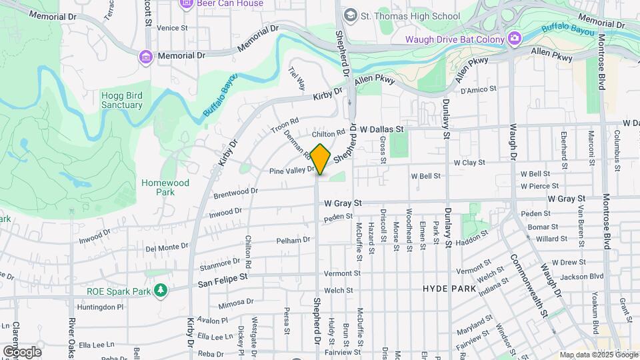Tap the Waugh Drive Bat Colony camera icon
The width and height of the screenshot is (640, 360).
pyautogui.click(x=514, y=39)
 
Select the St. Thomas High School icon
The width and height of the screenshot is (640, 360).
pyautogui.click(x=349, y=15)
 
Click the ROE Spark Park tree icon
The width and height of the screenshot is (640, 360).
pyautogui.click(x=160, y=290)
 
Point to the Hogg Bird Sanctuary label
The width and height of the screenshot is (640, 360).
pyautogui.click(x=121, y=100)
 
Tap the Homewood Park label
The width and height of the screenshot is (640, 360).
pyautogui.click(x=165, y=187)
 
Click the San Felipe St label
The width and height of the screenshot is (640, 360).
pyautogui.click(x=223, y=280)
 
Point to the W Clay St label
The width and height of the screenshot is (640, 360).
pyautogui.click(x=469, y=162)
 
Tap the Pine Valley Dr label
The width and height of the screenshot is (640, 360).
pyautogui.click(x=291, y=171)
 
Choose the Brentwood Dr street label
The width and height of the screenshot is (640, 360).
pyautogui.click(x=235, y=193)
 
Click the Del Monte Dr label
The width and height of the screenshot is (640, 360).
pyautogui.click(x=167, y=247)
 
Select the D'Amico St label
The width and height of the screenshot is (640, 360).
pyautogui.click(x=479, y=89)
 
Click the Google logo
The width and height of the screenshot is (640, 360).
pyautogui.click(x=22, y=351)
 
